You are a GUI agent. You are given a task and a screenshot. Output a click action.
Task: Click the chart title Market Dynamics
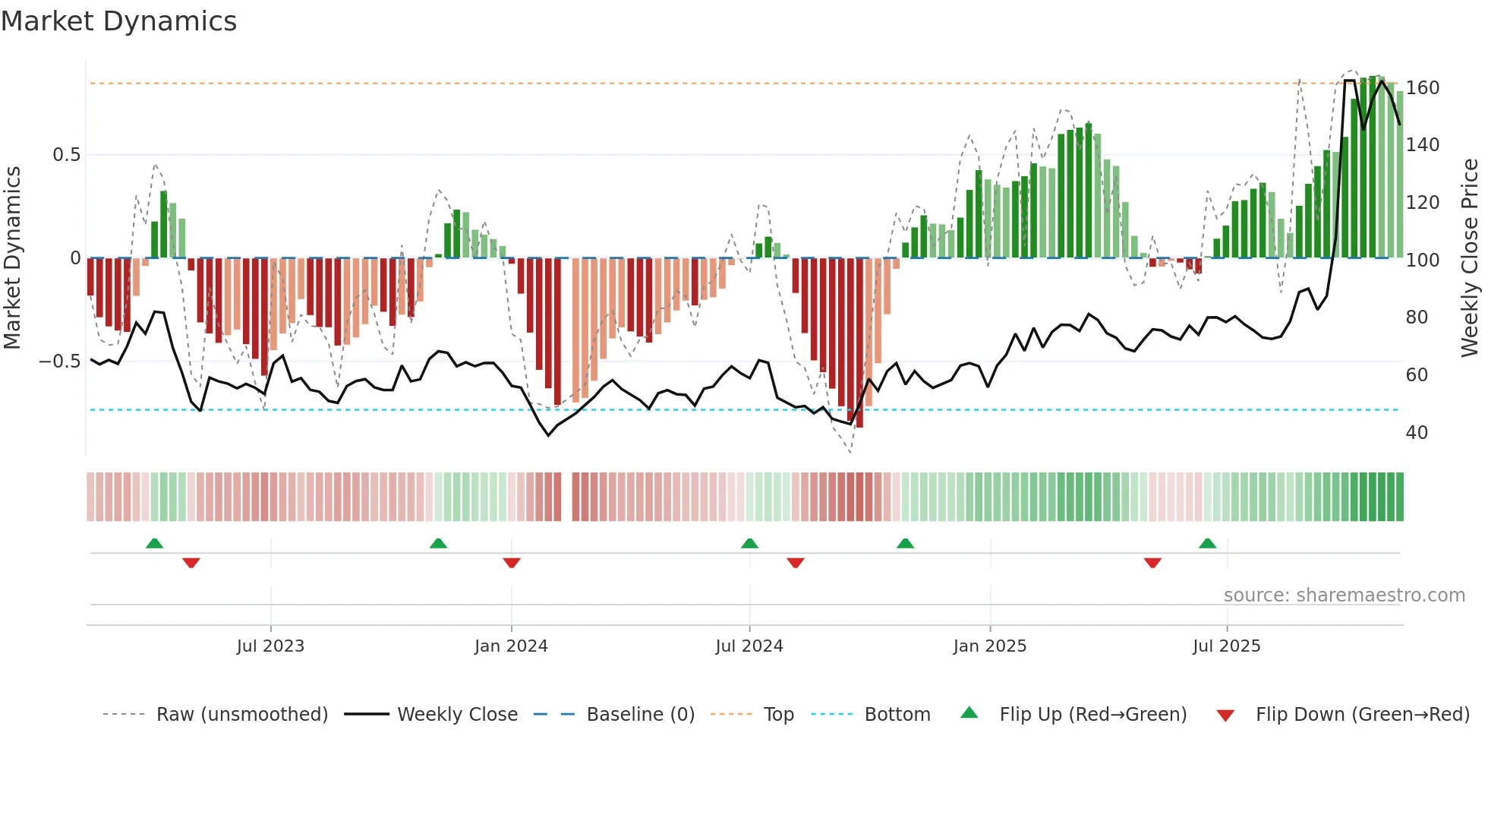coord(118,21)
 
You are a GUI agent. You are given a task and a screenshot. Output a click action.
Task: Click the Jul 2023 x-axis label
coord(270,646)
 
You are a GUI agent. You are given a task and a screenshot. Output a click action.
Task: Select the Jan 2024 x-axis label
coord(511,646)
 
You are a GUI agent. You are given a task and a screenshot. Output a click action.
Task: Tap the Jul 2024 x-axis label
coord(749,646)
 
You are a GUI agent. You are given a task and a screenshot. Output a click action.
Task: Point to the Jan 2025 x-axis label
coord(990,646)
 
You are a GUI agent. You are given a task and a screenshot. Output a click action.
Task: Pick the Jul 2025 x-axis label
coord(1227,646)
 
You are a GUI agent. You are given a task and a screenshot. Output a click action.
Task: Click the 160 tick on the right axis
coord(1422,88)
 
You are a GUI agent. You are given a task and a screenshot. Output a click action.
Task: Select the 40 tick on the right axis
coord(1417,433)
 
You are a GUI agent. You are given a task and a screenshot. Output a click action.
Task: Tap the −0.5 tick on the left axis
coord(59,362)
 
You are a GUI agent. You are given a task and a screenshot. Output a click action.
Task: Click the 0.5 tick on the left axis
coord(66,155)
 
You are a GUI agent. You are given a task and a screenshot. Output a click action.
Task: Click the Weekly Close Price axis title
coord(1470,258)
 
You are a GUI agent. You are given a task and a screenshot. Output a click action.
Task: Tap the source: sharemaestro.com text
coord(1344,595)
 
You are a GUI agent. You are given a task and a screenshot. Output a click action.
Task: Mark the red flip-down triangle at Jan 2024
coord(512,563)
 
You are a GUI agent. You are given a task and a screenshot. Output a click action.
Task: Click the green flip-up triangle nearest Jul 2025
coord(1207,543)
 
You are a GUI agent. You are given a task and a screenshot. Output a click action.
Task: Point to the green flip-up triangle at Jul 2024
coord(749,543)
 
